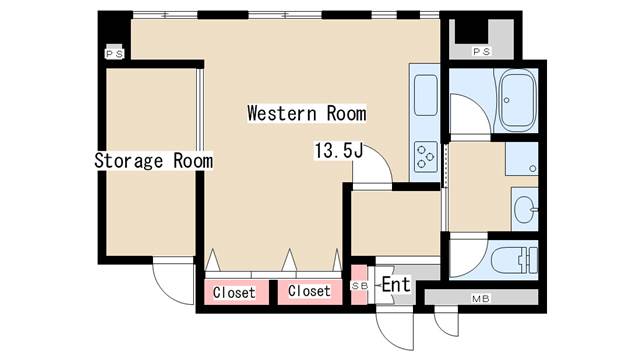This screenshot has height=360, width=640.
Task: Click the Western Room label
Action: [x=307, y=113]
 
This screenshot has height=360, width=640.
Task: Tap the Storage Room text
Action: [x=153, y=160]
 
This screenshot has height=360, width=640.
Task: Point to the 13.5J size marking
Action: [x=338, y=151]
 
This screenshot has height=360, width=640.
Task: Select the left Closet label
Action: [x=234, y=292]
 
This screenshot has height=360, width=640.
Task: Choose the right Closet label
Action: [x=309, y=291]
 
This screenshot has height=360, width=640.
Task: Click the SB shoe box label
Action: [x=360, y=286]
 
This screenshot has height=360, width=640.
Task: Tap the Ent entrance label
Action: [x=396, y=284]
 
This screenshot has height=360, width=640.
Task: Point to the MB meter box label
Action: [x=480, y=299]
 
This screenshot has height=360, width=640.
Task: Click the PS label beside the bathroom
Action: [x=481, y=52]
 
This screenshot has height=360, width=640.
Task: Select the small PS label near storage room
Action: [x=115, y=54]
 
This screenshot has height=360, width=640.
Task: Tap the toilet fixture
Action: [x=515, y=260]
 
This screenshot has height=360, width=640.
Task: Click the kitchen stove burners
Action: [x=425, y=156]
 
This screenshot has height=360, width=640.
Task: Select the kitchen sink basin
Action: [x=425, y=95]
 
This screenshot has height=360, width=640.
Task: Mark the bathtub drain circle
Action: [x=507, y=100]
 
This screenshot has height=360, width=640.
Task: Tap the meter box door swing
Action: [x=446, y=324]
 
